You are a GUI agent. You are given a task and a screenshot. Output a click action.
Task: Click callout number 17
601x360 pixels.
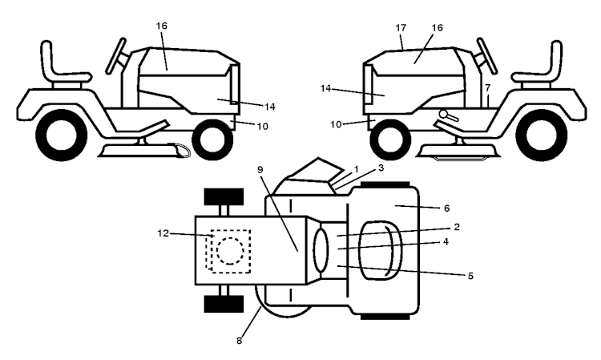coord(401,28)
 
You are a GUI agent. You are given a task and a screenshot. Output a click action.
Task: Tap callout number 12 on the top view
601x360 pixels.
coord(163,233)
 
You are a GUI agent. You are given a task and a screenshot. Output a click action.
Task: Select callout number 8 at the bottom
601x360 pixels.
coord(239,341)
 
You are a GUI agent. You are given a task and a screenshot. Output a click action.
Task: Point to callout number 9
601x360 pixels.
coord(260,169)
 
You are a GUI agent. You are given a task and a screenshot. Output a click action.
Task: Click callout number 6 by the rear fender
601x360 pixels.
coord(446,208)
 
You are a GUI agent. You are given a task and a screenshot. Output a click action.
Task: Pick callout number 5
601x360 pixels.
coord(470,276)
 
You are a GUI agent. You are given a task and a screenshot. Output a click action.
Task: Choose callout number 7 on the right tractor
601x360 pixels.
coord(487,88)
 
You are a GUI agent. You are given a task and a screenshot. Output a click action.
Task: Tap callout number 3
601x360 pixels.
coord(381,168)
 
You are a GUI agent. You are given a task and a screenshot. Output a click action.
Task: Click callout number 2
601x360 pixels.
coord(457,227)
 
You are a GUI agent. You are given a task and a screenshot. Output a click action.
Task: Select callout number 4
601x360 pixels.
coord(446,242)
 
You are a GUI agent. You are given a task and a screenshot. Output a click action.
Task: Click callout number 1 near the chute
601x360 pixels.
coord(357,169)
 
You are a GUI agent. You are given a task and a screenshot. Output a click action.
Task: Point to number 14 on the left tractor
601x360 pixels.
coord(270,107)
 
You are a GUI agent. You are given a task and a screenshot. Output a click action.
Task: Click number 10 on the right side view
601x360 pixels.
coord(336,124)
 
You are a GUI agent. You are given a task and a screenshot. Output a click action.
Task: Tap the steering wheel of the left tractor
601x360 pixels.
coord(115,56)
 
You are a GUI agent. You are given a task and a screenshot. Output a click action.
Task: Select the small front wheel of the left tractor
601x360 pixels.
coord(212,140)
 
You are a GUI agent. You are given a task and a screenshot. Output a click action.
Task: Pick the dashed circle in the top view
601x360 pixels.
coord(230,251)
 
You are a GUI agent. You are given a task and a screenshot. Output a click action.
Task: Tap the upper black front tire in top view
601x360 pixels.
coord(224,196)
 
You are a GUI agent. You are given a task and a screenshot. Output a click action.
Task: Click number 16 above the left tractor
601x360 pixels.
coord(162,26)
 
